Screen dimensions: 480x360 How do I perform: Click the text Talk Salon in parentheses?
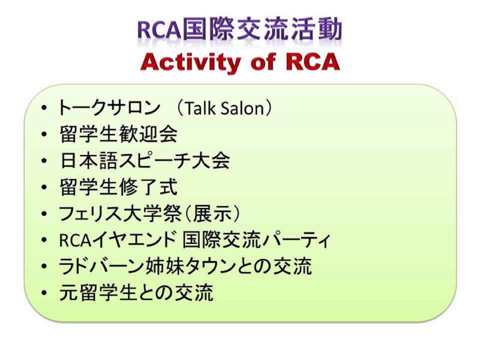tap(225, 108)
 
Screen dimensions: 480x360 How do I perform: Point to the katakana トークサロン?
tap(109, 108)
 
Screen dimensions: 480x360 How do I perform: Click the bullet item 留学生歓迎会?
tap(118, 134)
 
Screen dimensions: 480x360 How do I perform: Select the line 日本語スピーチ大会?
tap(145, 160)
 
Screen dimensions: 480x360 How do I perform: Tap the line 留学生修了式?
tap(118, 187)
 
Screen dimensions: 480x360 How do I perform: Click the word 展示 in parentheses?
tap(212, 213)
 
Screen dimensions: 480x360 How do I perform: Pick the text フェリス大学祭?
tap(120, 213)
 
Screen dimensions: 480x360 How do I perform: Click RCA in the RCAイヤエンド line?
tap(75, 240)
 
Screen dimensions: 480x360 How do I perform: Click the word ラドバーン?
tap(102, 266)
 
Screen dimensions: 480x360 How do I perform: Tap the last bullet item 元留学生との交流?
tap(136, 292)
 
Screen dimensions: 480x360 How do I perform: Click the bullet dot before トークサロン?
tap(44, 108)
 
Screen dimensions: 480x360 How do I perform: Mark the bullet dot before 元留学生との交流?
tap(44, 293)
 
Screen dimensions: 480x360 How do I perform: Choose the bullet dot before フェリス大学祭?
tap(44, 214)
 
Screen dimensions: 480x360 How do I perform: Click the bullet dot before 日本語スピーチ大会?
tap(44, 161)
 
